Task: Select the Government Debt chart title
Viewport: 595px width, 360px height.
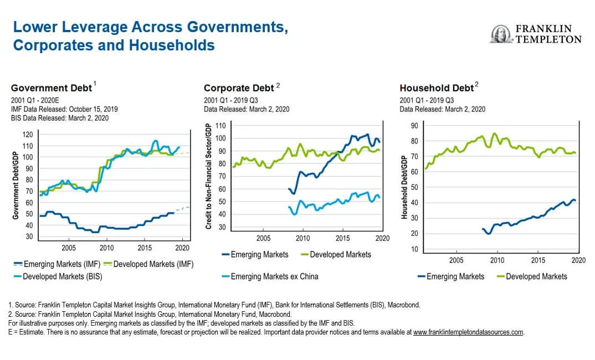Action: [52, 88]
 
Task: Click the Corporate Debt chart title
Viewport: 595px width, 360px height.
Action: [239, 88]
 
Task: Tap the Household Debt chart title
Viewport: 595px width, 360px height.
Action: [437, 88]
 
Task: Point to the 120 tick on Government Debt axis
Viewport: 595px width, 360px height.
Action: [28, 135]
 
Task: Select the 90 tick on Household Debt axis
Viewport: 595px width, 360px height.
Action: [414, 126]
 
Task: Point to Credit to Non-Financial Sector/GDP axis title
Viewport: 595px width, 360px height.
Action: [209, 177]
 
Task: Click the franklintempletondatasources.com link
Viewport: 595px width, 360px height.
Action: [468, 332]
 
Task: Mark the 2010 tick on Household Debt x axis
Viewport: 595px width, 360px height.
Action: [497, 260]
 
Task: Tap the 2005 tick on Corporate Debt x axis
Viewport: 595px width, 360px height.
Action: [263, 238]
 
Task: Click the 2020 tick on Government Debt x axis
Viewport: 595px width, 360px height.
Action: [182, 248]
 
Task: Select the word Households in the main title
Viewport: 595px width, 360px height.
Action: [172, 45]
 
